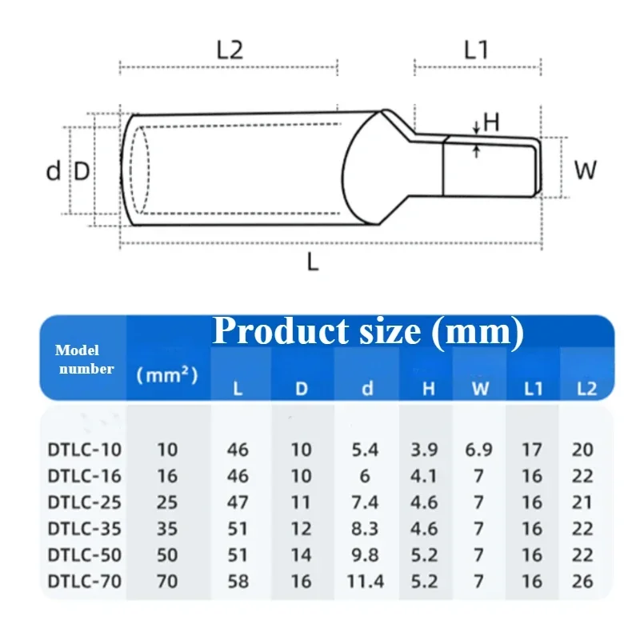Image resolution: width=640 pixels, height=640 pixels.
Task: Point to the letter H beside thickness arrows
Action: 491,122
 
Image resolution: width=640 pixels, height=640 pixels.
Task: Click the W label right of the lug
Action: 586,170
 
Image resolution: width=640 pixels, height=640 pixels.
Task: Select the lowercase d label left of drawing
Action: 53,170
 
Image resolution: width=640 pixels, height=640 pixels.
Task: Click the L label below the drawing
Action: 313,262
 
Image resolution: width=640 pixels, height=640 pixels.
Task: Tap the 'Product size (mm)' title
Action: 368,331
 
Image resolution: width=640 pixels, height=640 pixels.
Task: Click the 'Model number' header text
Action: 84,359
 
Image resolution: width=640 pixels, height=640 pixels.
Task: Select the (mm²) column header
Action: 167,374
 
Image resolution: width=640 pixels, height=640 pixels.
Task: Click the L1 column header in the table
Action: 533,389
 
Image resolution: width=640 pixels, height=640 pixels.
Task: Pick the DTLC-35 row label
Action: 84,528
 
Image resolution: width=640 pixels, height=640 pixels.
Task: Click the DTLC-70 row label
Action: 84,581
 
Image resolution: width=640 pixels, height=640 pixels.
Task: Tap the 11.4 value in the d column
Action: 365,581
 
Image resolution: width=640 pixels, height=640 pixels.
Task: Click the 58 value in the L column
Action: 238,581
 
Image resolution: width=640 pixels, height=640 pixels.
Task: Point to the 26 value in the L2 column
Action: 583,581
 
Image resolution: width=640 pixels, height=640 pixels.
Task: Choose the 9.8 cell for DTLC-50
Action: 365,554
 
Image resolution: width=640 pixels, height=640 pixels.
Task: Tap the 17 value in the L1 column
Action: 532,450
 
